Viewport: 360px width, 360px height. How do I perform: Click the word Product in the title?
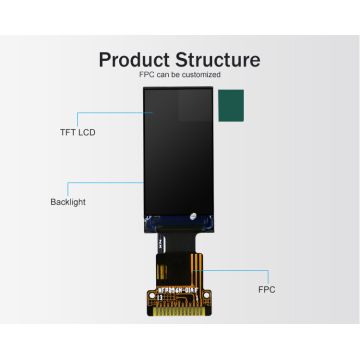pyautogui.click(x=138, y=59)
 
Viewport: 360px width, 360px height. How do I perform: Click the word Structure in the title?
pyautogui.click(x=218, y=59)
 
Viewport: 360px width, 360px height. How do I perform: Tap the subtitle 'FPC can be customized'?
pyautogui.click(x=180, y=75)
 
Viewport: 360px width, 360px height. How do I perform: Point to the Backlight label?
pyautogui.click(x=67, y=201)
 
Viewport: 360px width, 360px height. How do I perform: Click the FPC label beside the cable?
pyautogui.click(x=266, y=289)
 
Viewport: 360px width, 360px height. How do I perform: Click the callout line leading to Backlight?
pyautogui.click(x=105, y=182)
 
